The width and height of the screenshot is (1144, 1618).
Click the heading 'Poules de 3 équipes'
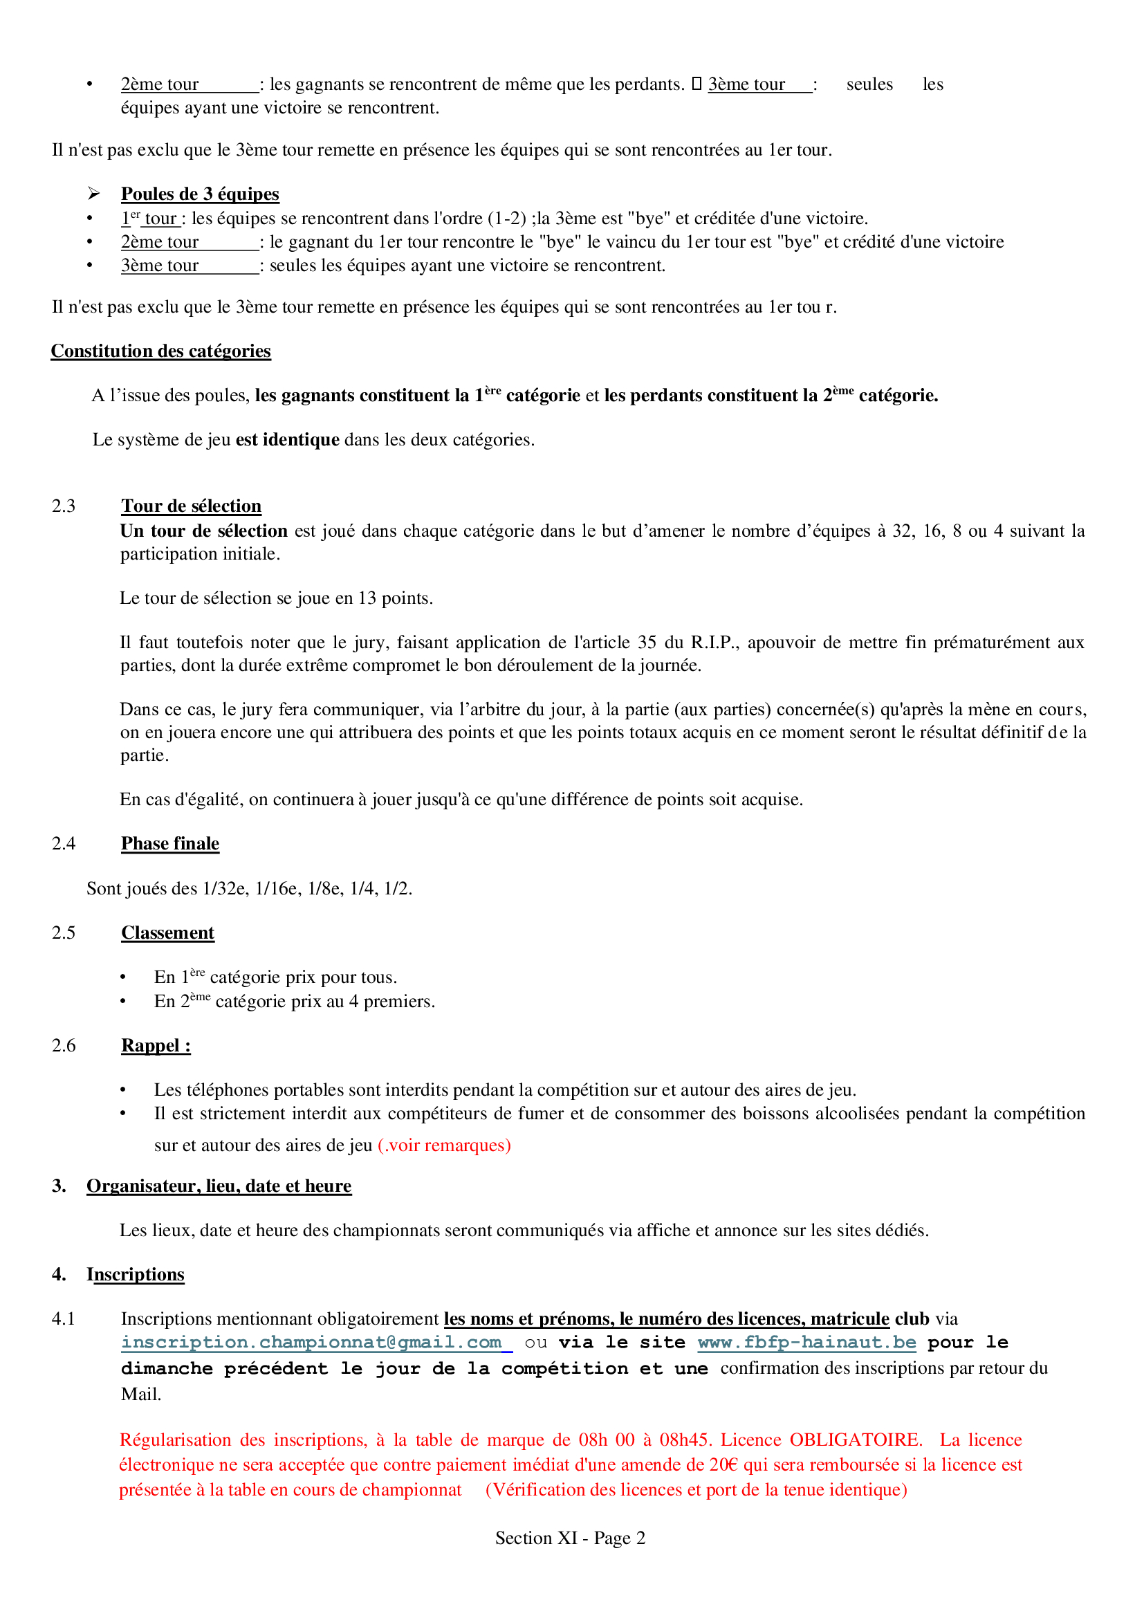[x=200, y=194]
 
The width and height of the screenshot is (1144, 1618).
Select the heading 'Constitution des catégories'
[x=160, y=351]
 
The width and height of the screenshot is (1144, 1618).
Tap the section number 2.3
[x=64, y=506]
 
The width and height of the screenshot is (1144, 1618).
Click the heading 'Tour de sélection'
[x=191, y=506]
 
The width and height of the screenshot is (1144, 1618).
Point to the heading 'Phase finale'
[x=169, y=843]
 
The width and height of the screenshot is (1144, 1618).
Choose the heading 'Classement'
[x=167, y=932]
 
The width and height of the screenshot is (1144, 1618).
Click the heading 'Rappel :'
[x=156, y=1045]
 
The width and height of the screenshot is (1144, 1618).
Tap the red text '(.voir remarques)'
[x=445, y=1145]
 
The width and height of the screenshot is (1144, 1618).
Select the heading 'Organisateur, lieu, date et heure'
[x=219, y=1186]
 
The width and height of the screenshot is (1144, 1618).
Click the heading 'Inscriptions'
[x=136, y=1275]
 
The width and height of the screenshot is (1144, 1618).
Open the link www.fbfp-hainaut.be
[x=806, y=1343]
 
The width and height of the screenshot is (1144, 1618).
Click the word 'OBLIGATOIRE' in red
[x=855, y=1440]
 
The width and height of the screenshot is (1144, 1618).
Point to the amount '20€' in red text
[x=723, y=1465]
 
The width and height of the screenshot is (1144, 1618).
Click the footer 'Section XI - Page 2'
[x=570, y=1538]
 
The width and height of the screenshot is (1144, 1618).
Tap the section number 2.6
[x=64, y=1045]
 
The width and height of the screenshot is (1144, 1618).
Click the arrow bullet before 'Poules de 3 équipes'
[x=93, y=194]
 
